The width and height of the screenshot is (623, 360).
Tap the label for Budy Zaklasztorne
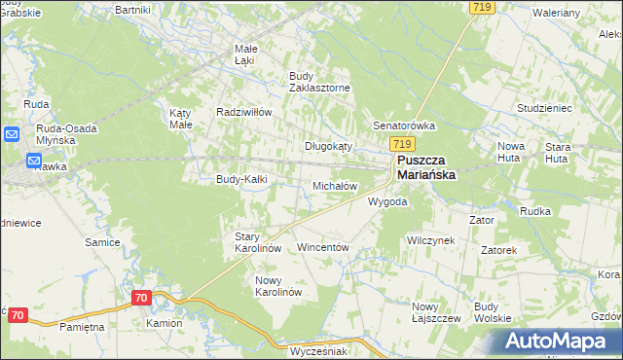pyautogui.click(x=320, y=81)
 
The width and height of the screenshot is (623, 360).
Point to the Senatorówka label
pyautogui.click(x=404, y=126)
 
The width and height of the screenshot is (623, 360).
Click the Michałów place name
pyautogui.click(x=334, y=185)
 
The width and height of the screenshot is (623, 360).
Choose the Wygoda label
pyautogui.click(x=386, y=202)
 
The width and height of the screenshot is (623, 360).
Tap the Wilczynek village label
pyautogui.click(x=430, y=240)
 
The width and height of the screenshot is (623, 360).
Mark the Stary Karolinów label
pyautogui.click(x=258, y=242)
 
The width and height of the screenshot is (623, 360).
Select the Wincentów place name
pyautogui.click(x=322, y=248)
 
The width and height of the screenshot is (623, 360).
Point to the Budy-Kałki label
pyautogui.click(x=241, y=179)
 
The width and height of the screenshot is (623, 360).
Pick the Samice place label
pyautogui.click(x=101, y=242)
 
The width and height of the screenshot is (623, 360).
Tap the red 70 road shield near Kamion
pyautogui.click(x=142, y=298)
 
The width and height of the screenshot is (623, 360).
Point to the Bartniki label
pyautogui.click(x=132, y=9)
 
